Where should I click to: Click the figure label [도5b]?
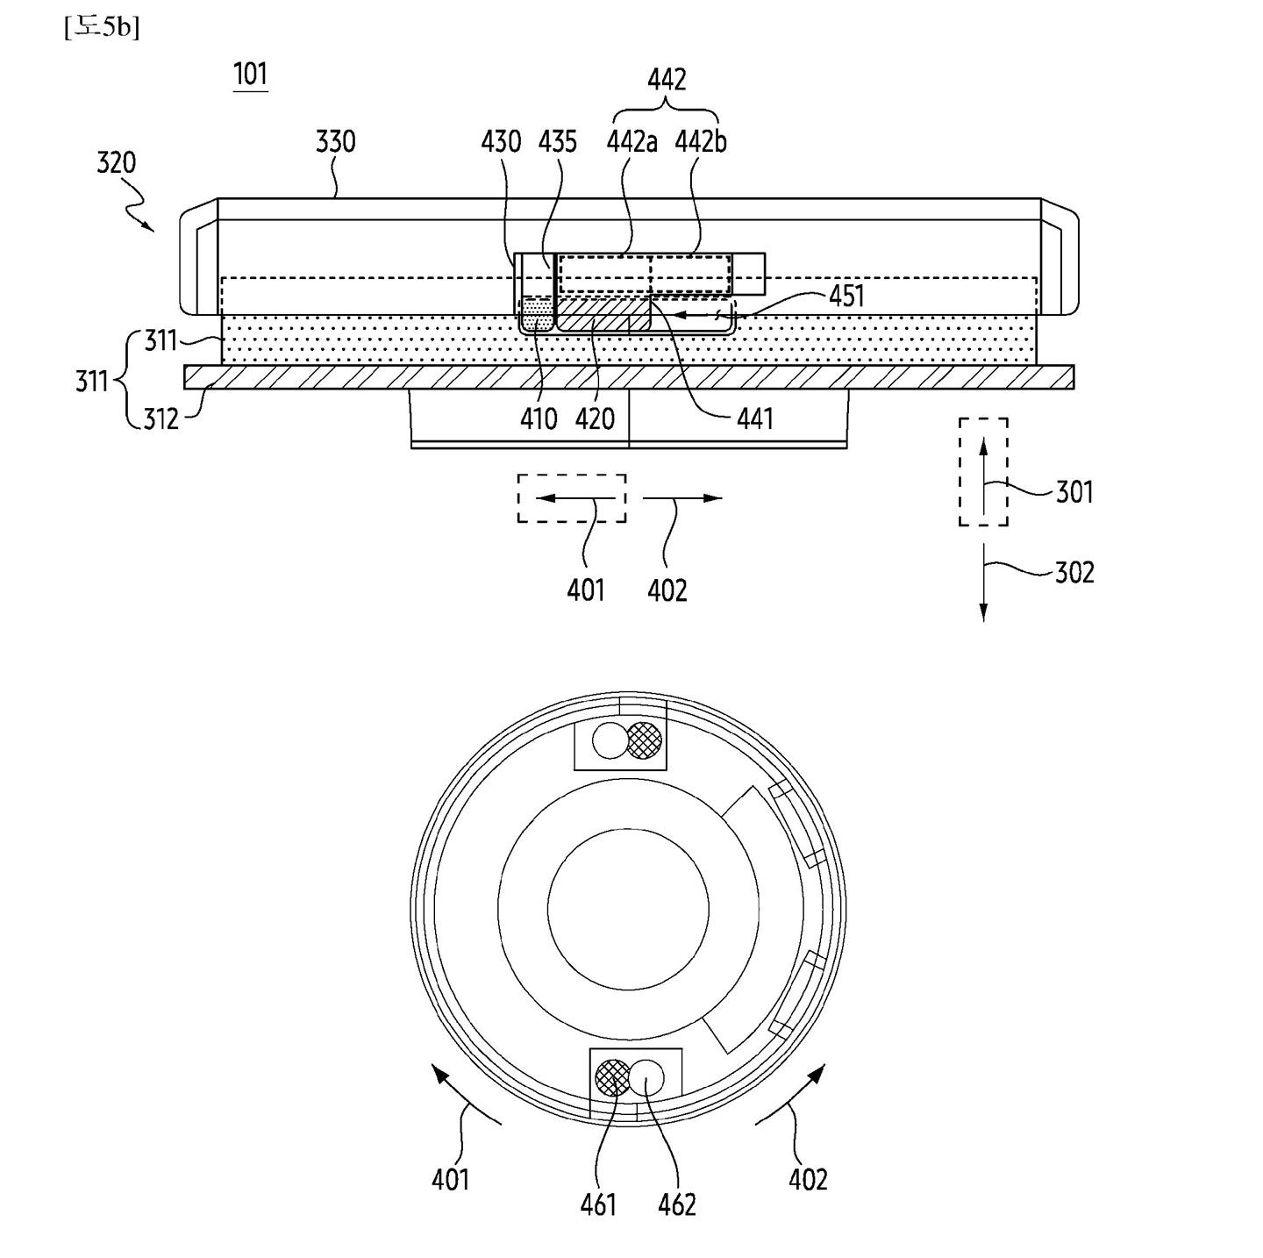102,27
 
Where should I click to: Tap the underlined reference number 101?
250,75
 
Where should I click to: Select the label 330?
336,141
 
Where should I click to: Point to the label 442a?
631,141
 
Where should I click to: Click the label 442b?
701,141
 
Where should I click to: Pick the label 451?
846,297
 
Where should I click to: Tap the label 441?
755,418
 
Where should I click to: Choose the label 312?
161,419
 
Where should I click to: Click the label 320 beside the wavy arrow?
117,162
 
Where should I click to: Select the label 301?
1074,492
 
